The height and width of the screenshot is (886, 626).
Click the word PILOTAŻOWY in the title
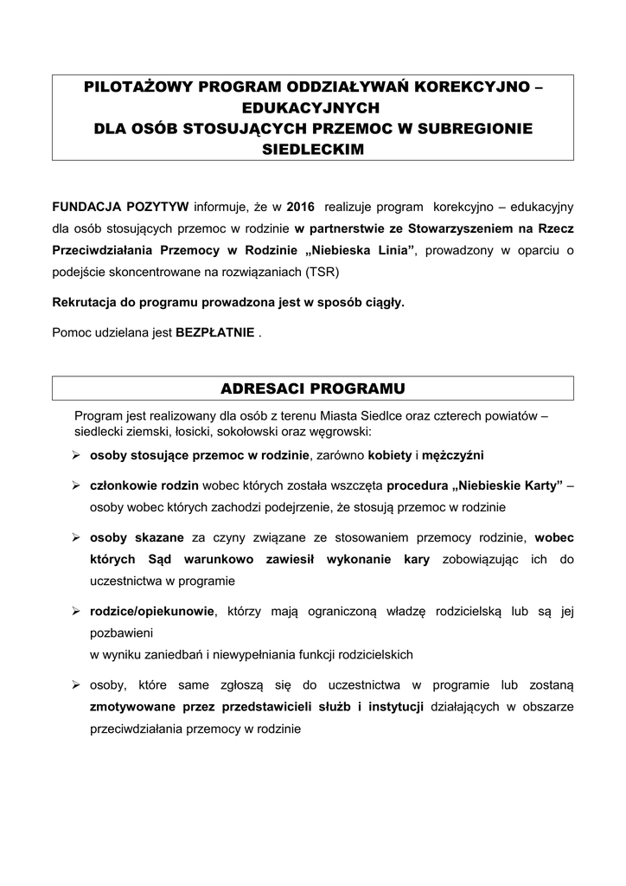(139, 87)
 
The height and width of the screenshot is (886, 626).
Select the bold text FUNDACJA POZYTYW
(120, 208)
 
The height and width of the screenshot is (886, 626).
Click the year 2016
(300, 208)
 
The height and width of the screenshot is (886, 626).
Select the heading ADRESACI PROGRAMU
(312, 387)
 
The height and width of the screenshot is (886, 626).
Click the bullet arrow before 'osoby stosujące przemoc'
(76, 455)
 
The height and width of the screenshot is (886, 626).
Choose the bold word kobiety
(389, 455)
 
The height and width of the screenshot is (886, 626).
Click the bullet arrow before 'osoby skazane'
(76, 537)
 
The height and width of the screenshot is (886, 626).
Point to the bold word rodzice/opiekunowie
(151, 611)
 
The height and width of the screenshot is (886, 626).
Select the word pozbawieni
(121, 632)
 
